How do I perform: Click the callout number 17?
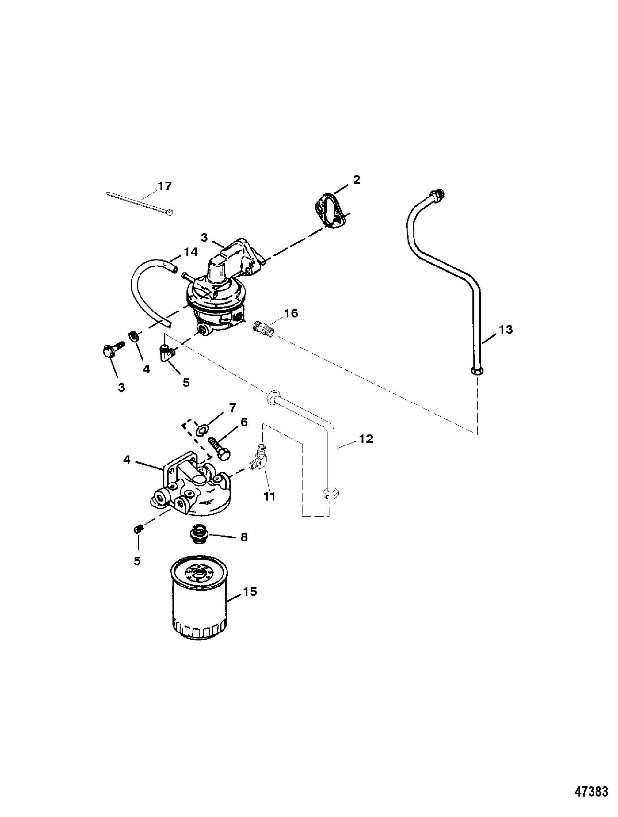(x=164, y=186)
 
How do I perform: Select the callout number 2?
(x=356, y=180)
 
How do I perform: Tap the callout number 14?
(x=190, y=252)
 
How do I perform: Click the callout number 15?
(x=250, y=592)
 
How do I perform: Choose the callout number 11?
(x=269, y=496)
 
